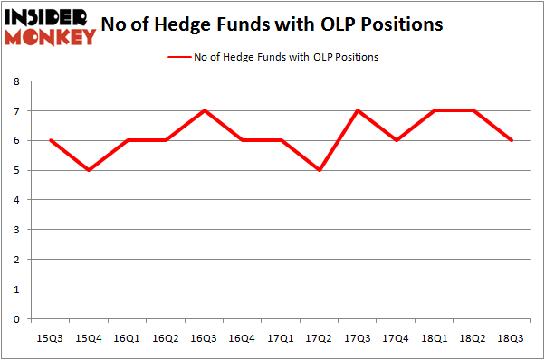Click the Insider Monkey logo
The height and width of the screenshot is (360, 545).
click(50, 25)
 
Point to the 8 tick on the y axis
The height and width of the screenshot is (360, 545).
click(17, 81)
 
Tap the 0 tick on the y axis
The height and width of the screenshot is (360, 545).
click(17, 319)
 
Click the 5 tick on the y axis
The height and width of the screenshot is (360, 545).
click(17, 170)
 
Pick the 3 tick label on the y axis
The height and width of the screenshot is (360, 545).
click(17, 230)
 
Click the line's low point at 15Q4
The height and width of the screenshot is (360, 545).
click(90, 170)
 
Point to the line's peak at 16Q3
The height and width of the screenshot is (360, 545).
click(205, 111)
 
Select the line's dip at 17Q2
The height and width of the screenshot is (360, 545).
click(320, 170)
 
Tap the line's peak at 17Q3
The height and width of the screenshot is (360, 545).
click(358, 111)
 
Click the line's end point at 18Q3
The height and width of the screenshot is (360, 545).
click(512, 140)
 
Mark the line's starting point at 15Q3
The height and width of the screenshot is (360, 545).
click(51, 140)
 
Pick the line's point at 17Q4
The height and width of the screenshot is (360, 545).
click(397, 140)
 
